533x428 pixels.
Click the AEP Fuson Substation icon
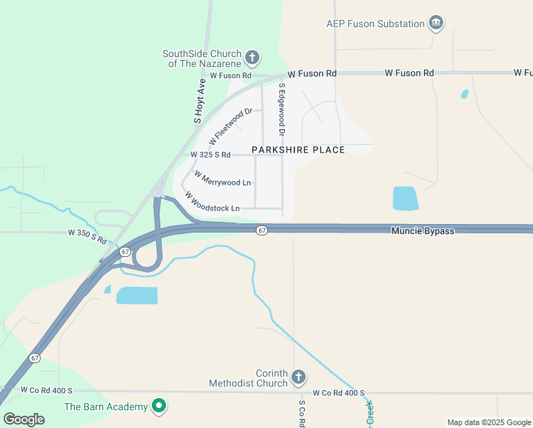(x=436, y=24)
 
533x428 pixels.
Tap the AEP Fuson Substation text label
(x=376, y=24)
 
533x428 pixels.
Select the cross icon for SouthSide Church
(x=252, y=58)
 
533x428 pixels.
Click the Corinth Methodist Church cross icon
(x=299, y=377)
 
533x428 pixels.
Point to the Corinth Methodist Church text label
(x=249, y=378)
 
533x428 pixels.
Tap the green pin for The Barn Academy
(x=160, y=407)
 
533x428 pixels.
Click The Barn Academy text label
(x=106, y=407)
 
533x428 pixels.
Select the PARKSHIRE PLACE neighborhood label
(x=298, y=150)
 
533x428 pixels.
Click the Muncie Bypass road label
(x=422, y=231)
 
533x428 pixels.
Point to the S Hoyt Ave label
(x=200, y=101)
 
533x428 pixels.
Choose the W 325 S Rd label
(x=210, y=155)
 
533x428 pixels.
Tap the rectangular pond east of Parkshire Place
(x=405, y=198)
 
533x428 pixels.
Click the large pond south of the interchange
(x=136, y=295)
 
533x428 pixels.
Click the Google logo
(x=24, y=419)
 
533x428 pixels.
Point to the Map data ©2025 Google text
(x=488, y=422)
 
